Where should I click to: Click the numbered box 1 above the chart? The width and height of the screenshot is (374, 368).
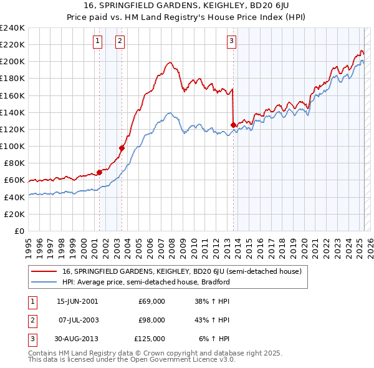click(x=98, y=42)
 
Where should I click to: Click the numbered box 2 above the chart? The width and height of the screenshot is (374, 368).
click(x=119, y=42)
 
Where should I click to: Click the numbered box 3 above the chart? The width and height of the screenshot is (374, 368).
click(x=231, y=42)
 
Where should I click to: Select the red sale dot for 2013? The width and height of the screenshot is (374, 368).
click(x=233, y=125)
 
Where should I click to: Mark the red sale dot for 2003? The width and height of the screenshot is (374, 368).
click(x=122, y=148)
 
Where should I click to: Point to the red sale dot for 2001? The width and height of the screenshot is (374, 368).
click(x=99, y=172)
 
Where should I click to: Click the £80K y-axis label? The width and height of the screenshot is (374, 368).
click(x=14, y=163)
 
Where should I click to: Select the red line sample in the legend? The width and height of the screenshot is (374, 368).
click(x=44, y=271)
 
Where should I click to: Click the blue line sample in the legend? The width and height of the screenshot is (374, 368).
click(x=44, y=282)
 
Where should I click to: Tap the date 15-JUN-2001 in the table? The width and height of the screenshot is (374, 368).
click(x=77, y=301)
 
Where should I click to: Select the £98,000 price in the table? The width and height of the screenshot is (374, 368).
click(x=151, y=320)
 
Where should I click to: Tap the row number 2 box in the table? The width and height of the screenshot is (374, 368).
click(x=31, y=320)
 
